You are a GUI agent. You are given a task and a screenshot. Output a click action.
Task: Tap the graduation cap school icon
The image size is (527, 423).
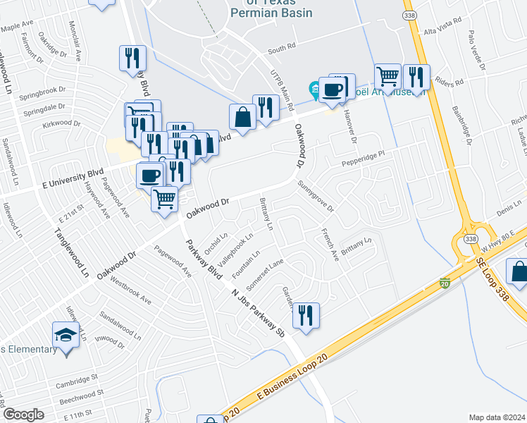coord(66,335)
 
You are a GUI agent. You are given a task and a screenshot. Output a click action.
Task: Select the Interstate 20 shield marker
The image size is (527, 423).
coord(445,282)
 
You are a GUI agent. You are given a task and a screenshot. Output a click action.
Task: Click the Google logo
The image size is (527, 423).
coord(23,415)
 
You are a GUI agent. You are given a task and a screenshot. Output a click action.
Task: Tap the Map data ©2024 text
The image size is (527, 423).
coord(497,417)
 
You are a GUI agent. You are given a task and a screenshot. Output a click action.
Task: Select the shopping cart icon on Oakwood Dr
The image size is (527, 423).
coord(165,199)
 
